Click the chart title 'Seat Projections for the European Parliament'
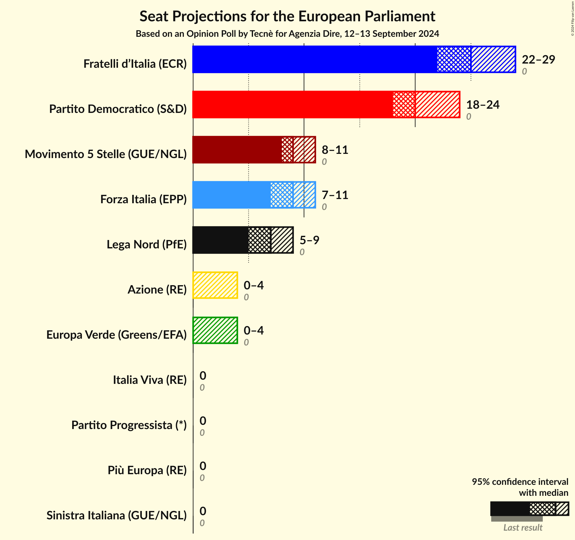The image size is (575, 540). pos(287,16)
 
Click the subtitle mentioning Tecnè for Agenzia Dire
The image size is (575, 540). pos(287,34)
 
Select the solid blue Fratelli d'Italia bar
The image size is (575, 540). pos(315,59)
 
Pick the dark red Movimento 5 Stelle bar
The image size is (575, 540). pos(237,150)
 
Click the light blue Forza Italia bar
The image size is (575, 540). pos(231,195)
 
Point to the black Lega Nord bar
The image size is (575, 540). pos(220,240)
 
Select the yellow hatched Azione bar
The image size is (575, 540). pos(215,285)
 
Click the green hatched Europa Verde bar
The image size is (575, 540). pos(215,330)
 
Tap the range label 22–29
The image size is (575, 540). pos(538,60)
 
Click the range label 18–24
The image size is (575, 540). pos(482,105)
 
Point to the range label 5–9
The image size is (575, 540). pos(309,240)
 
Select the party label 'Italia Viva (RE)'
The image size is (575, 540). pos(150,380)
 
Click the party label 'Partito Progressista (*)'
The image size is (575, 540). pos(129,425)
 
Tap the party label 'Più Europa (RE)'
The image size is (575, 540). pos(147,470)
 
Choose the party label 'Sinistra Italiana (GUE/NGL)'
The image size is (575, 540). pos(116,515)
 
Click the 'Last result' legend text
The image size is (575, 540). pos(523,527)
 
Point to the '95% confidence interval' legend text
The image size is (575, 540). pos(520,482)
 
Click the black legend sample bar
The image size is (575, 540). pos(510,509)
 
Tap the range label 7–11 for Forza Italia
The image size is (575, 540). pos(335,195)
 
